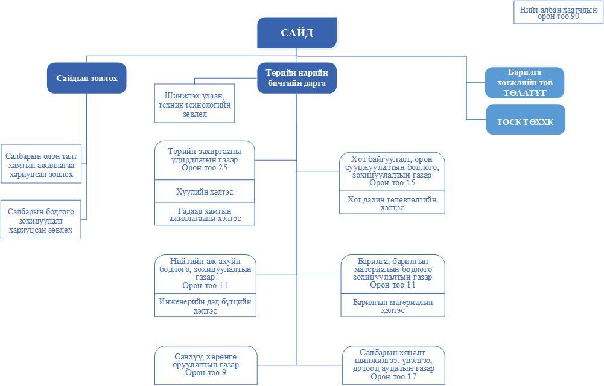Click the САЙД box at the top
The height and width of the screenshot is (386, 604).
pyautogui.click(x=297, y=33)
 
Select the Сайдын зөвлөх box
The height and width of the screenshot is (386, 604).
pyautogui.click(x=86, y=78)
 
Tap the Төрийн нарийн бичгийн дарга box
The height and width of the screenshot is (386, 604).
pyautogui.click(x=296, y=78)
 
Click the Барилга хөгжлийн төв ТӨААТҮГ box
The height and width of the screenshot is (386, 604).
pyautogui.click(x=524, y=83)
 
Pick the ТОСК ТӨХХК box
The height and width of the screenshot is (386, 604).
pyautogui.click(x=525, y=121)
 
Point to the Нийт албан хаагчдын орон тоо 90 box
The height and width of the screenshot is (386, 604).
pyautogui.click(x=558, y=13)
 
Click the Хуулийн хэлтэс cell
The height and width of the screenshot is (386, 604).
pyautogui.click(x=205, y=191)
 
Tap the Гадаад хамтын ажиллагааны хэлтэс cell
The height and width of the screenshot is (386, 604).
pyautogui.click(x=205, y=214)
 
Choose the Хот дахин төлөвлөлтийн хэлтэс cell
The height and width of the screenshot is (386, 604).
pyautogui.click(x=392, y=203)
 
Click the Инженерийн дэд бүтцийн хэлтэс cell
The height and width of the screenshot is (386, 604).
pyautogui.click(x=205, y=306)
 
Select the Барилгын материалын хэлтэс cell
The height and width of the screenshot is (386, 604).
pyautogui.click(x=392, y=306)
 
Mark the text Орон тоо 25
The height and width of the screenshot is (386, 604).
pyautogui.click(x=205, y=168)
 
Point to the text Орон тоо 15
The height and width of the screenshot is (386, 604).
pyautogui.click(x=392, y=183)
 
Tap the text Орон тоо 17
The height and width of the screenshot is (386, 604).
pyautogui.click(x=393, y=377)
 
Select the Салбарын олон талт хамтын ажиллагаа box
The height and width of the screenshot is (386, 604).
pyautogui.click(x=41, y=165)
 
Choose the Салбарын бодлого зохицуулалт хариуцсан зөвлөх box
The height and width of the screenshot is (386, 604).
pyautogui.click(x=41, y=220)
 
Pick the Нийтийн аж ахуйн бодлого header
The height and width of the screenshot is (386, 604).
pyautogui.click(x=205, y=273)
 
